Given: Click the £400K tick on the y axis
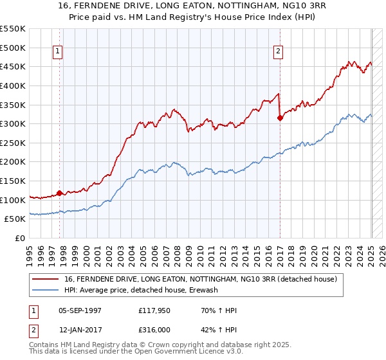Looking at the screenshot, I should [14, 85].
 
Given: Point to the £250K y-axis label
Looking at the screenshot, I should [14, 143].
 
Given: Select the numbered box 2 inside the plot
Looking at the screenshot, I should [279, 52].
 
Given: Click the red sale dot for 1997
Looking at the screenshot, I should [60, 193].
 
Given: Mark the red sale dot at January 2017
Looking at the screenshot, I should [280, 118].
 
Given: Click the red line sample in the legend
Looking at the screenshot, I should [46, 279].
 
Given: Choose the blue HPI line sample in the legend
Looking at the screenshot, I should [46, 290].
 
